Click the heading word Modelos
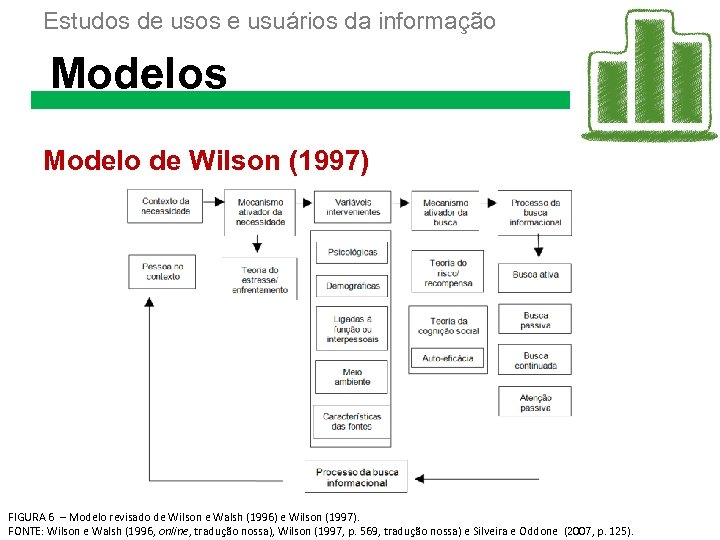[139, 73]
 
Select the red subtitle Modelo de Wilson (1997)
[206, 160]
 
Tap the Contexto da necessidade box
[165, 206]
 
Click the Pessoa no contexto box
[162, 272]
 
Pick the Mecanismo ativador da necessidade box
[260, 211]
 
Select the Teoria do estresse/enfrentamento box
[260, 279]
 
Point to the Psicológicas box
[351, 252]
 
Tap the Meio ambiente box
[351, 377]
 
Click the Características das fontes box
[351, 421]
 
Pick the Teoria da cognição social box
[447, 326]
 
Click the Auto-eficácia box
[447, 358]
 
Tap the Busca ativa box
[535, 274]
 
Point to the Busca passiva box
[535, 320]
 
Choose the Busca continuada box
[535, 360]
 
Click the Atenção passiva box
[535, 402]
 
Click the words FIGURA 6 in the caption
[30, 516]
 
